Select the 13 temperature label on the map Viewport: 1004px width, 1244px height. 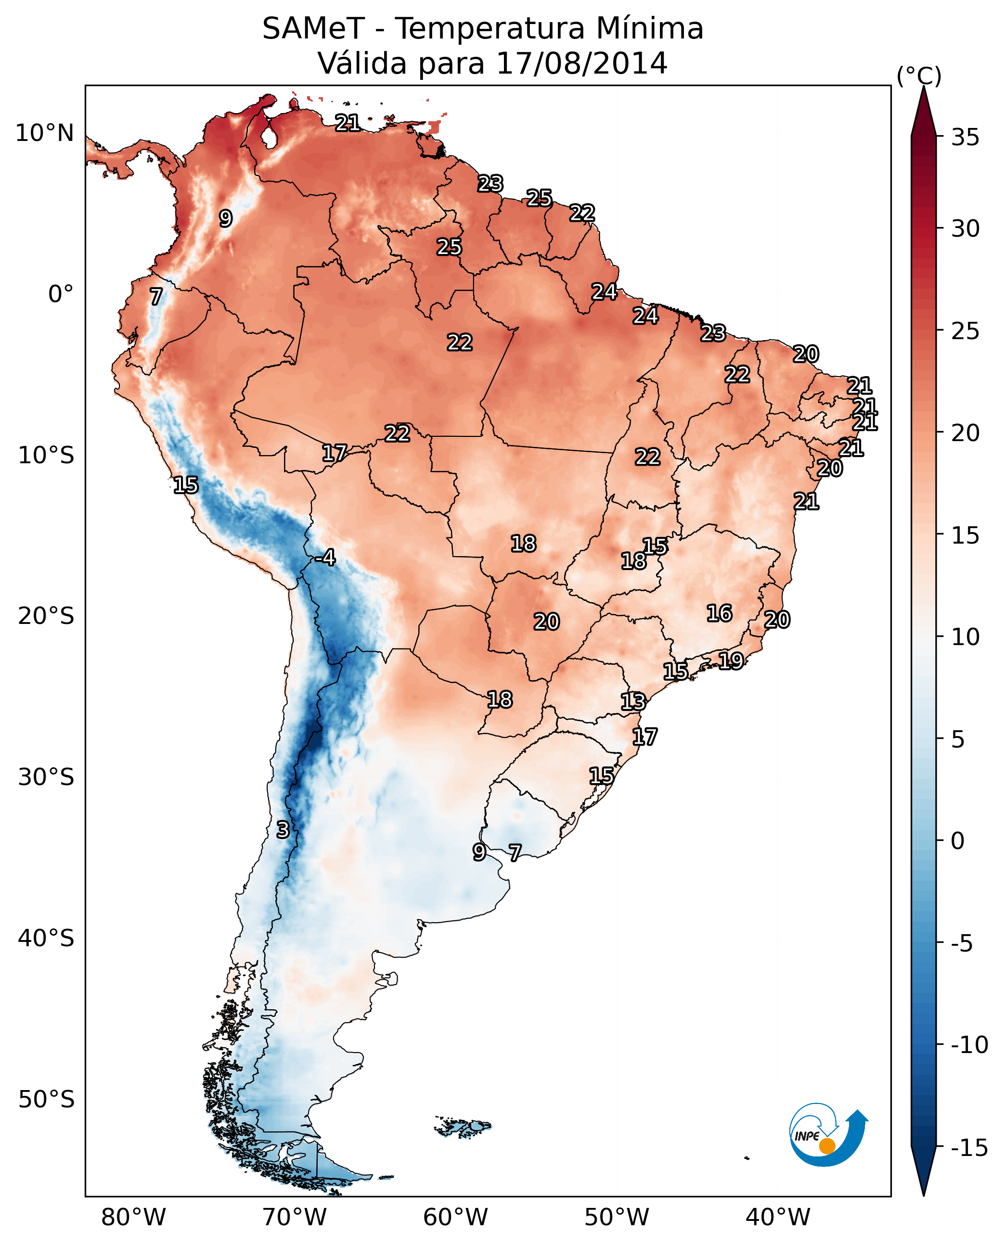633,701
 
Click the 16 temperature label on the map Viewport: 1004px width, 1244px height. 719,613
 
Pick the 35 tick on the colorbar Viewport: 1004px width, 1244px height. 965,137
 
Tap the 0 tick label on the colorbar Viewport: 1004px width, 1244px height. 958,840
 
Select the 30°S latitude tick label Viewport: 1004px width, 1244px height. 46,777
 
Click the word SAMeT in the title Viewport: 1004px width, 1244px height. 313,29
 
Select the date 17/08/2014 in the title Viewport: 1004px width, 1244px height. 582,63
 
